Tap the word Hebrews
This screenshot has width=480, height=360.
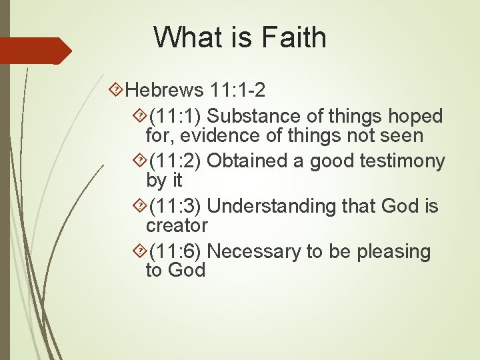pos(163,89)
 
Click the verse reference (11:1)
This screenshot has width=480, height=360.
pos(176,116)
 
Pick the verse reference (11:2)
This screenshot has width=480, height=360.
pos(176,161)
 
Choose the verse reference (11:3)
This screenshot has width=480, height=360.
pos(176,207)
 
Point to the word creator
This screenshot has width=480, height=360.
pos(177,225)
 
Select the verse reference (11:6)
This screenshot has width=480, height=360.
pos(176,251)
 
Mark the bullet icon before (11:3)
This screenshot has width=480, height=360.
pos(140,207)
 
